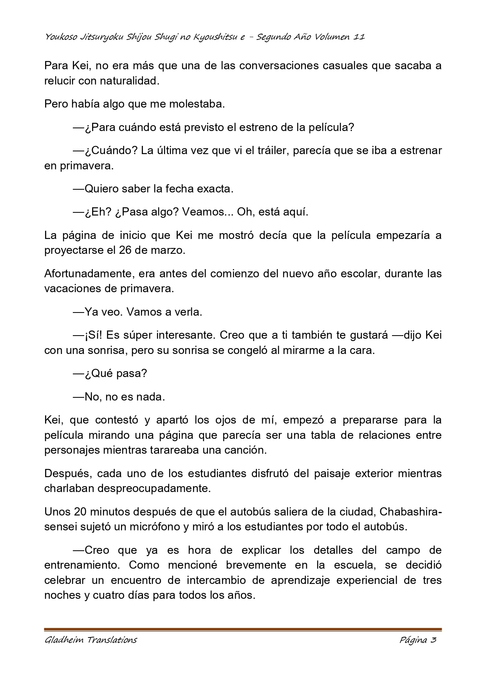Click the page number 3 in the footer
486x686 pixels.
coord(433,640)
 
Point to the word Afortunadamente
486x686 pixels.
coord(89,273)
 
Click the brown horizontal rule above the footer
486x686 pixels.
coord(243,629)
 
